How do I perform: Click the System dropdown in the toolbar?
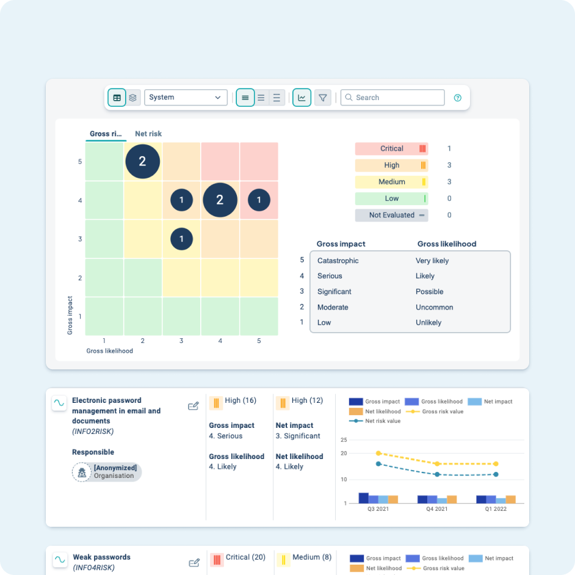(x=186, y=98)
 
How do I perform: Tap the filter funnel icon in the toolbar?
(x=323, y=98)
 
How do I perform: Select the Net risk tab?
(x=148, y=134)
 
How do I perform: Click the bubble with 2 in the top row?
(x=143, y=161)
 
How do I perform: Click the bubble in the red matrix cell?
(x=259, y=200)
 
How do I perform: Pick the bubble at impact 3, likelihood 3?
(x=181, y=239)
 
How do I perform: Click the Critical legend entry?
(x=391, y=148)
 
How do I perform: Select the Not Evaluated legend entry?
(x=391, y=215)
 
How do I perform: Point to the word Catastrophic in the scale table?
(x=338, y=261)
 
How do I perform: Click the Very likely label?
(x=432, y=261)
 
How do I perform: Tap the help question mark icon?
(x=458, y=98)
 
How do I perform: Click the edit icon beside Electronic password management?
(x=193, y=406)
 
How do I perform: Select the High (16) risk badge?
(x=233, y=401)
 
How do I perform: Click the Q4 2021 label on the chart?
(x=436, y=508)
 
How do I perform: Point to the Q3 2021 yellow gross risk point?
(x=378, y=453)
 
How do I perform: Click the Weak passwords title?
(x=101, y=557)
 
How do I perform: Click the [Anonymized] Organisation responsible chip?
(x=107, y=472)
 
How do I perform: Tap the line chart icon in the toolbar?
(x=302, y=98)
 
